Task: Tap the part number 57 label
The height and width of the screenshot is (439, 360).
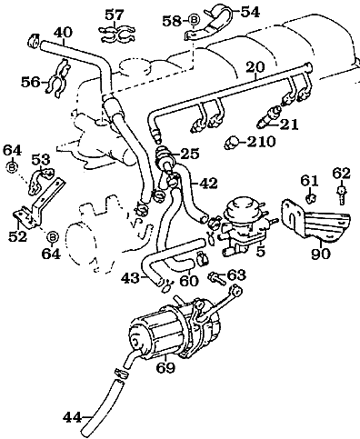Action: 114,14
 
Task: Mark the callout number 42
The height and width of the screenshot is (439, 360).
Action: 207,182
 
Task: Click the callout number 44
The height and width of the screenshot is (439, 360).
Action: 73,418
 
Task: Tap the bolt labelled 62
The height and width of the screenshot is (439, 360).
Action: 341,195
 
